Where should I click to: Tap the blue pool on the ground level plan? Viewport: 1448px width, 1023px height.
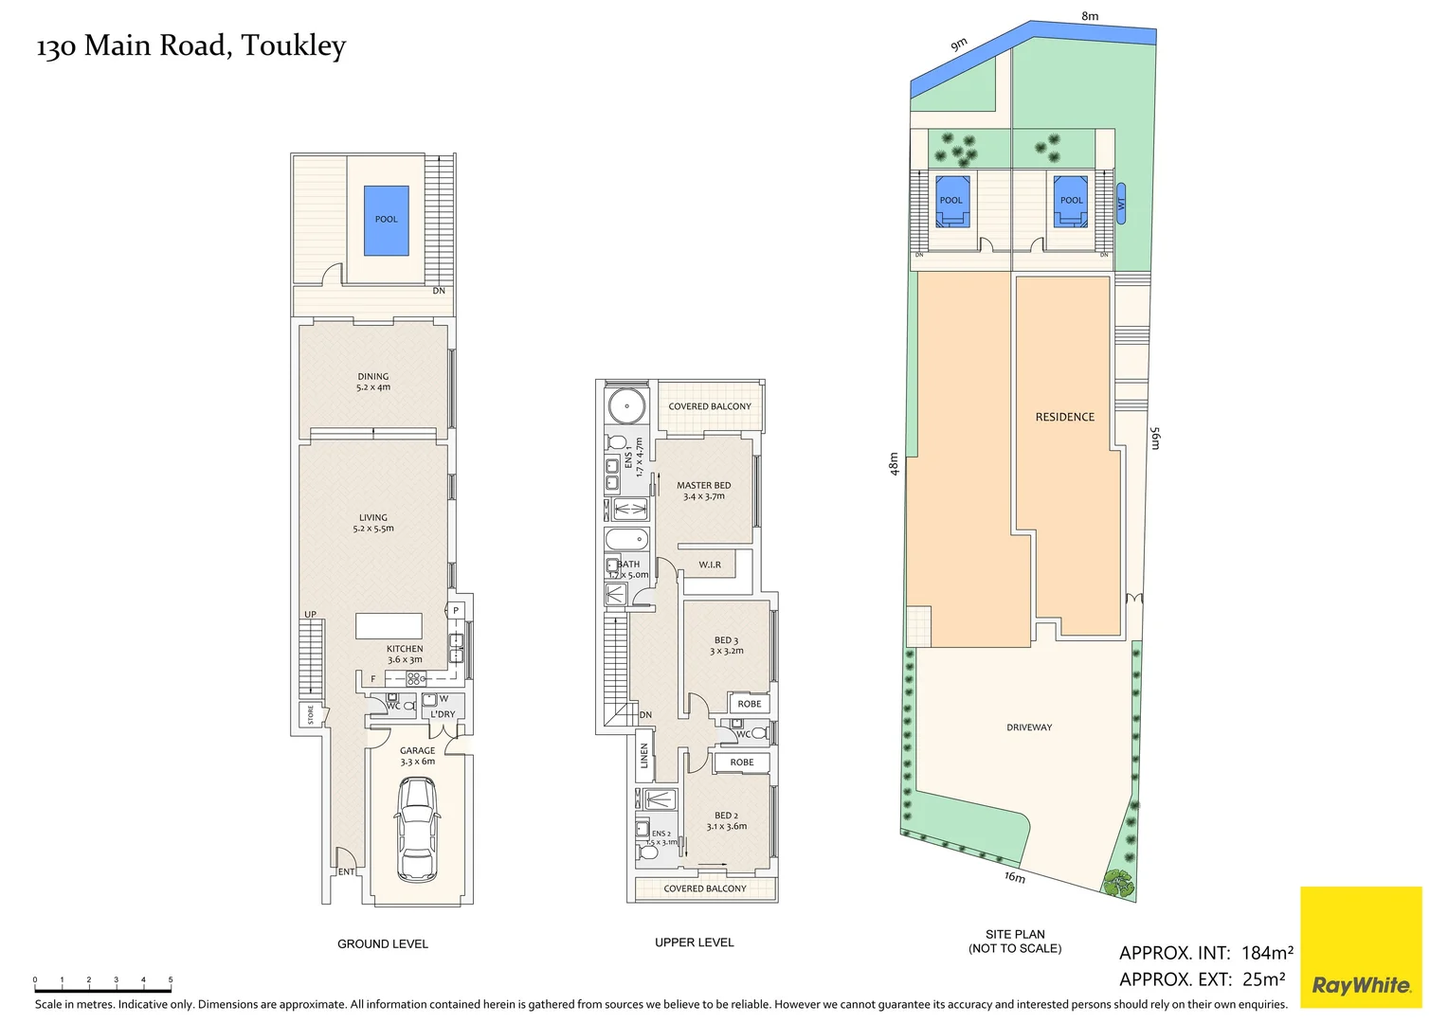387,220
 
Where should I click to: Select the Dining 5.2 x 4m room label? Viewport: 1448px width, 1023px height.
373,382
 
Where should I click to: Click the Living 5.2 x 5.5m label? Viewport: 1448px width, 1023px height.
373,523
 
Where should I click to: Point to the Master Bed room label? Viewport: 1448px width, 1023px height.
703,490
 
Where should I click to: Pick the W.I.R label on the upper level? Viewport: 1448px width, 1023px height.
710,565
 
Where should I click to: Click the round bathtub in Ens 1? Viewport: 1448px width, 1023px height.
625,407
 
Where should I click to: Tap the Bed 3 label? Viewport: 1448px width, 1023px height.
727,645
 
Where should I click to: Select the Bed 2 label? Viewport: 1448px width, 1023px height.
726,820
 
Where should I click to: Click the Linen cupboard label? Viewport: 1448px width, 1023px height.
644,755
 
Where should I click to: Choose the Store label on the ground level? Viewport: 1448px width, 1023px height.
310,715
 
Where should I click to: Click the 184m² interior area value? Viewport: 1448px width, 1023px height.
1267,953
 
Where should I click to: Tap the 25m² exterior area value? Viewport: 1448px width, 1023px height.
1263,979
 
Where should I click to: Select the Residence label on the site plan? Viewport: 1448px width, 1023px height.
1064,417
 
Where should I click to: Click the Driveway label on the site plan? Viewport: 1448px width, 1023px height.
1029,727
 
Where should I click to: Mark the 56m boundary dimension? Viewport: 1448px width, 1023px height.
1154,438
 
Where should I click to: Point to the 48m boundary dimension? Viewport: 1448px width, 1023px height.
894,463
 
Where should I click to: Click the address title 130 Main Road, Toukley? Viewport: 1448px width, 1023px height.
191,45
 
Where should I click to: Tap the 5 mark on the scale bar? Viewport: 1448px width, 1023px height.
171,981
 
